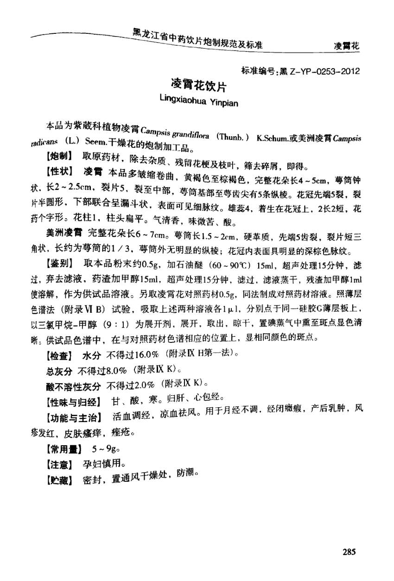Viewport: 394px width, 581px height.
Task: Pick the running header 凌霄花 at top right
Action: [347, 46]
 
